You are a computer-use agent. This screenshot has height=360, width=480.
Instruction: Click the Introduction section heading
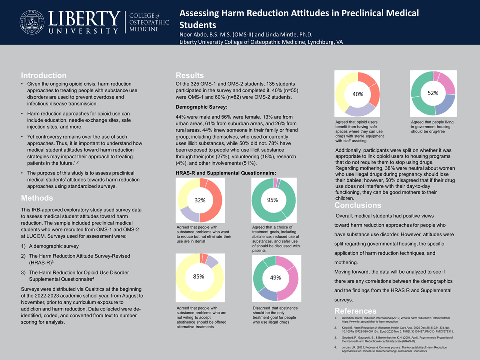[44, 75]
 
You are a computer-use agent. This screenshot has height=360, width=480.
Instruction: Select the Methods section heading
[37, 198]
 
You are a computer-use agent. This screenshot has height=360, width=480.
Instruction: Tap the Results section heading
[190, 75]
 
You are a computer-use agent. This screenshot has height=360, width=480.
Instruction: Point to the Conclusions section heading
[358, 205]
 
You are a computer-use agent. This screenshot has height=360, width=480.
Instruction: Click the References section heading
[356, 311]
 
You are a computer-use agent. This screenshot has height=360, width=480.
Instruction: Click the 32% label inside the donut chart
[200, 200]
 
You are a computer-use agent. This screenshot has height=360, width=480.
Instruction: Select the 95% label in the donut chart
[273, 200]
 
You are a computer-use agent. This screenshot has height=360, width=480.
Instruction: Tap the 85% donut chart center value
[199, 277]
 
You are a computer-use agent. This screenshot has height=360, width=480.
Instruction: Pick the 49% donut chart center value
[275, 277]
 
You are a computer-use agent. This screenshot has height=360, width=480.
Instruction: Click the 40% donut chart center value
[358, 94]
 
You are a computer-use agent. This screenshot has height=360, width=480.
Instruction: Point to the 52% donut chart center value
[433, 93]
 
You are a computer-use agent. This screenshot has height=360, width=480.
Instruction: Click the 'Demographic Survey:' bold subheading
[202, 107]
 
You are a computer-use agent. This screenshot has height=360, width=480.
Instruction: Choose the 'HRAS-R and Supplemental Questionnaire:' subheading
[226, 173]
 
